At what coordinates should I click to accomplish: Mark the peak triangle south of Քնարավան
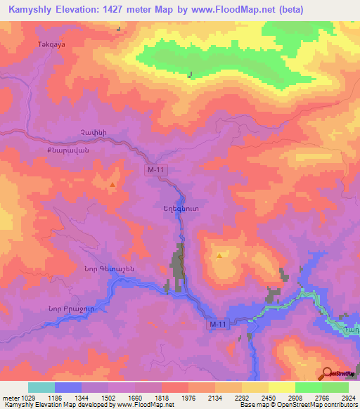[x=112, y=185]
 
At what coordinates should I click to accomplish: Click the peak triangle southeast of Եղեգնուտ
[x=219, y=256]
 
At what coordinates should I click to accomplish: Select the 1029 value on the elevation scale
[x=35, y=397]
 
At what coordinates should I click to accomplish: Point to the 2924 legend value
[x=347, y=397]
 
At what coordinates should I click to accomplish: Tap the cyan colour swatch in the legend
[x=41, y=387]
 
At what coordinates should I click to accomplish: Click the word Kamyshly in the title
[x=27, y=10]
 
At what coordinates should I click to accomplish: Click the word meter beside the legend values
[x=13, y=397]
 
